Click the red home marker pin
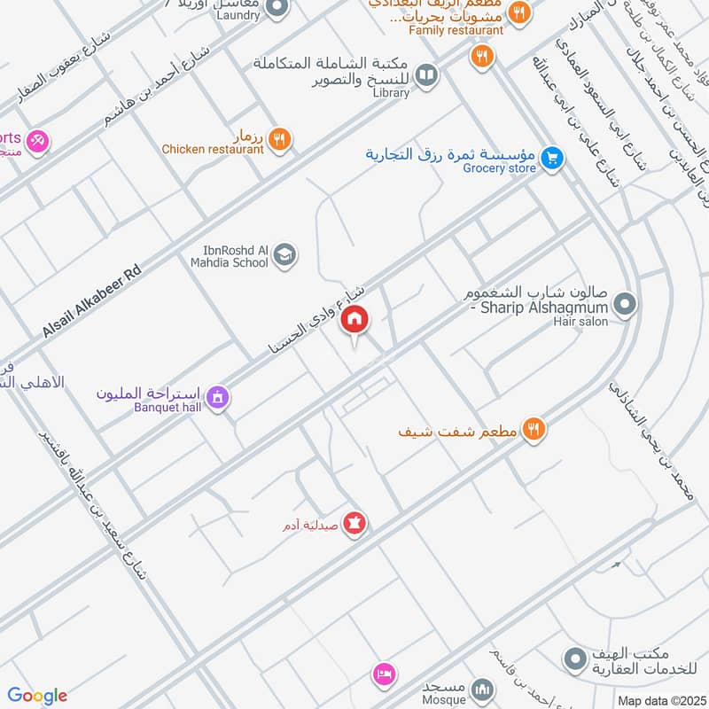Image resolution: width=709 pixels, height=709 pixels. [354, 320]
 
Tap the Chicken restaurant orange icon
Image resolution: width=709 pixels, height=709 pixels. [279, 138]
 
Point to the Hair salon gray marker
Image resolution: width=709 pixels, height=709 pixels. [625, 305]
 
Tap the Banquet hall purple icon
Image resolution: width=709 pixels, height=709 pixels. [217, 400]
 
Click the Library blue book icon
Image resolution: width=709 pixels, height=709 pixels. [426, 76]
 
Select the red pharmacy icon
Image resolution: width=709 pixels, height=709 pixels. [354, 524]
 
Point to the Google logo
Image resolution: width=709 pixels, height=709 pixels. [37, 696]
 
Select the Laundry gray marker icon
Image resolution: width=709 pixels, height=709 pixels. [277, 9]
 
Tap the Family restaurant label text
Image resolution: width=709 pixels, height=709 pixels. [456, 30]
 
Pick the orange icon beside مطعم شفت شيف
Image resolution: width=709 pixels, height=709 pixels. [533, 430]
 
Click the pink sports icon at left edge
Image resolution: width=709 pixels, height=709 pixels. [37, 140]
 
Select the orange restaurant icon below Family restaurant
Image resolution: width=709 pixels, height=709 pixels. [481, 57]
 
